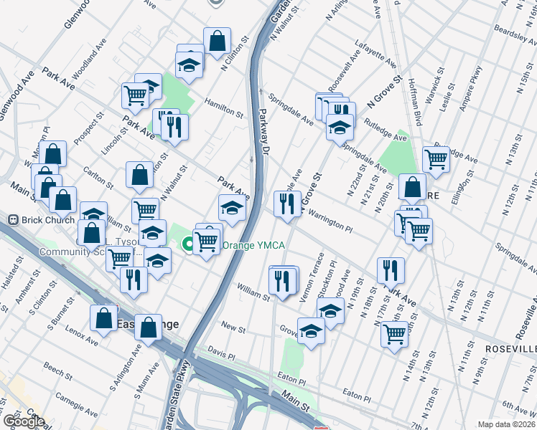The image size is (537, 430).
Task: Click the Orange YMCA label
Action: point(254,246)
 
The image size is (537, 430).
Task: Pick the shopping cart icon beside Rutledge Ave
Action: point(436,160)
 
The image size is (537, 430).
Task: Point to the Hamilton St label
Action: point(223,107)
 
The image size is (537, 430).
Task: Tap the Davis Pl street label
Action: point(220,355)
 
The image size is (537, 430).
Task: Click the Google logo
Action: point(23,421)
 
